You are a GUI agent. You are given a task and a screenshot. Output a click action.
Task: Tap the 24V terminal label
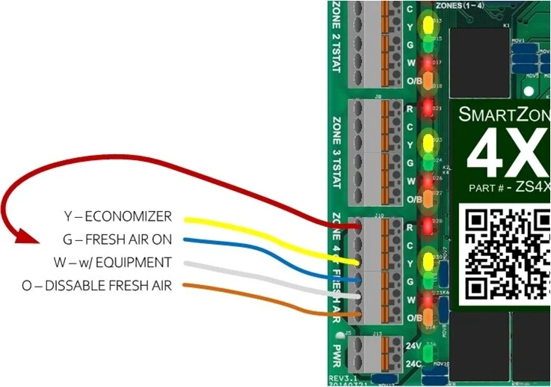pyautogui.click(x=412, y=347)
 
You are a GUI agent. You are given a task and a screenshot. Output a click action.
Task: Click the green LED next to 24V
pyautogui.click(x=428, y=350)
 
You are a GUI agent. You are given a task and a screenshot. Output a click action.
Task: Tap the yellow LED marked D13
pyautogui.click(x=428, y=24)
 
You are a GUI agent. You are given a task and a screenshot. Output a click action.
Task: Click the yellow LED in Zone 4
pyautogui.click(x=428, y=261)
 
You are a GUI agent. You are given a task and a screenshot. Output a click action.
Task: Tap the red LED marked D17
pyautogui.click(x=428, y=64)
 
